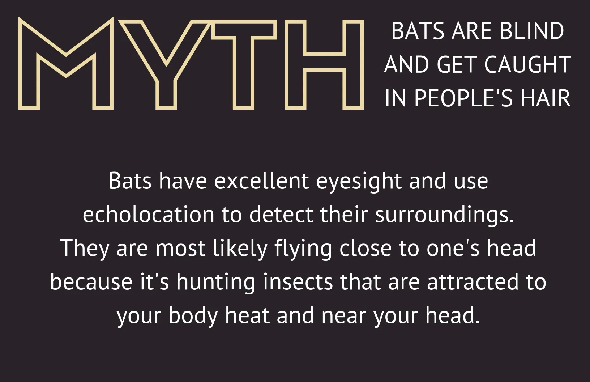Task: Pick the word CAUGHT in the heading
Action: (x=527, y=64)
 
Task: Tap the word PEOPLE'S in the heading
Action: (x=463, y=98)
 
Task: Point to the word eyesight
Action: (x=359, y=183)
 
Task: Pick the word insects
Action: (x=298, y=282)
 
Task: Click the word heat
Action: (x=247, y=315)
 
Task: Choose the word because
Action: (x=91, y=282)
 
